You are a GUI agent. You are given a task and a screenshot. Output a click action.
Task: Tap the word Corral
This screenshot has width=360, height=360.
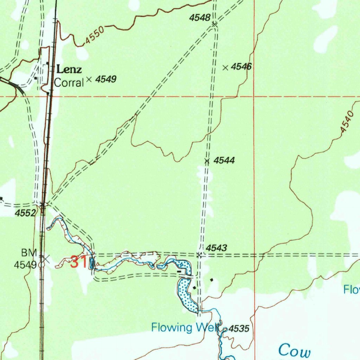pyautogui.click(x=69, y=83)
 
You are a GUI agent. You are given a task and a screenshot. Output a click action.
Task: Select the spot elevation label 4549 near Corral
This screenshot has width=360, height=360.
pyautogui.click(x=106, y=79)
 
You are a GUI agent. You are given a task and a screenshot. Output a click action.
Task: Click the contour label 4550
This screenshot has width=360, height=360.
pyautogui.click(x=94, y=37)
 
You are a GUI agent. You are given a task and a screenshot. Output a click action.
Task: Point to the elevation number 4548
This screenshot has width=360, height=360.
pyautogui.click(x=200, y=18)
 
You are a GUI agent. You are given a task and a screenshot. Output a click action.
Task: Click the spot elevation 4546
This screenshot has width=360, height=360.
pyautogui.click(x=242, y=67)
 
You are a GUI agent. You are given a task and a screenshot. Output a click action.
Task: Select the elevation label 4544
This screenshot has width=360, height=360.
pyautogui.click(x=224, y=161)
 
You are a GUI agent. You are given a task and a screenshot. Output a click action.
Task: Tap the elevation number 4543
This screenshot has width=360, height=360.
pyautogui.click(x=216, y=248)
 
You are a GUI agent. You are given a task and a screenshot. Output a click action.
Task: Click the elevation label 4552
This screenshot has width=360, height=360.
pyautogui.click(x=25, y=213)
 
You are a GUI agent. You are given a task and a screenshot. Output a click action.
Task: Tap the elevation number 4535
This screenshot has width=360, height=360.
pyautogui.click(x=239, y=329)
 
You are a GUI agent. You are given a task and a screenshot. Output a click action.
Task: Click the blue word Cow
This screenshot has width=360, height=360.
pyautogui.click(x=295, y=351)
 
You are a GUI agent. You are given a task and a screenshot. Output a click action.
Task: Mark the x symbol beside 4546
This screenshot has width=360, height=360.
pyautogui.click(x=226, y=67)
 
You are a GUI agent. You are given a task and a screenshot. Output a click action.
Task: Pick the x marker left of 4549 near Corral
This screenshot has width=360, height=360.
pyautogui.click(x=89, y=79)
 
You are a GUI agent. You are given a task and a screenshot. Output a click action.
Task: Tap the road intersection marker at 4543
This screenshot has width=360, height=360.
pyautogui.click(x=199, y=255)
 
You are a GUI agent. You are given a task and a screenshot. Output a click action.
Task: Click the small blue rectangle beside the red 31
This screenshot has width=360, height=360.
pyautogui.click(x=92, y=263)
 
